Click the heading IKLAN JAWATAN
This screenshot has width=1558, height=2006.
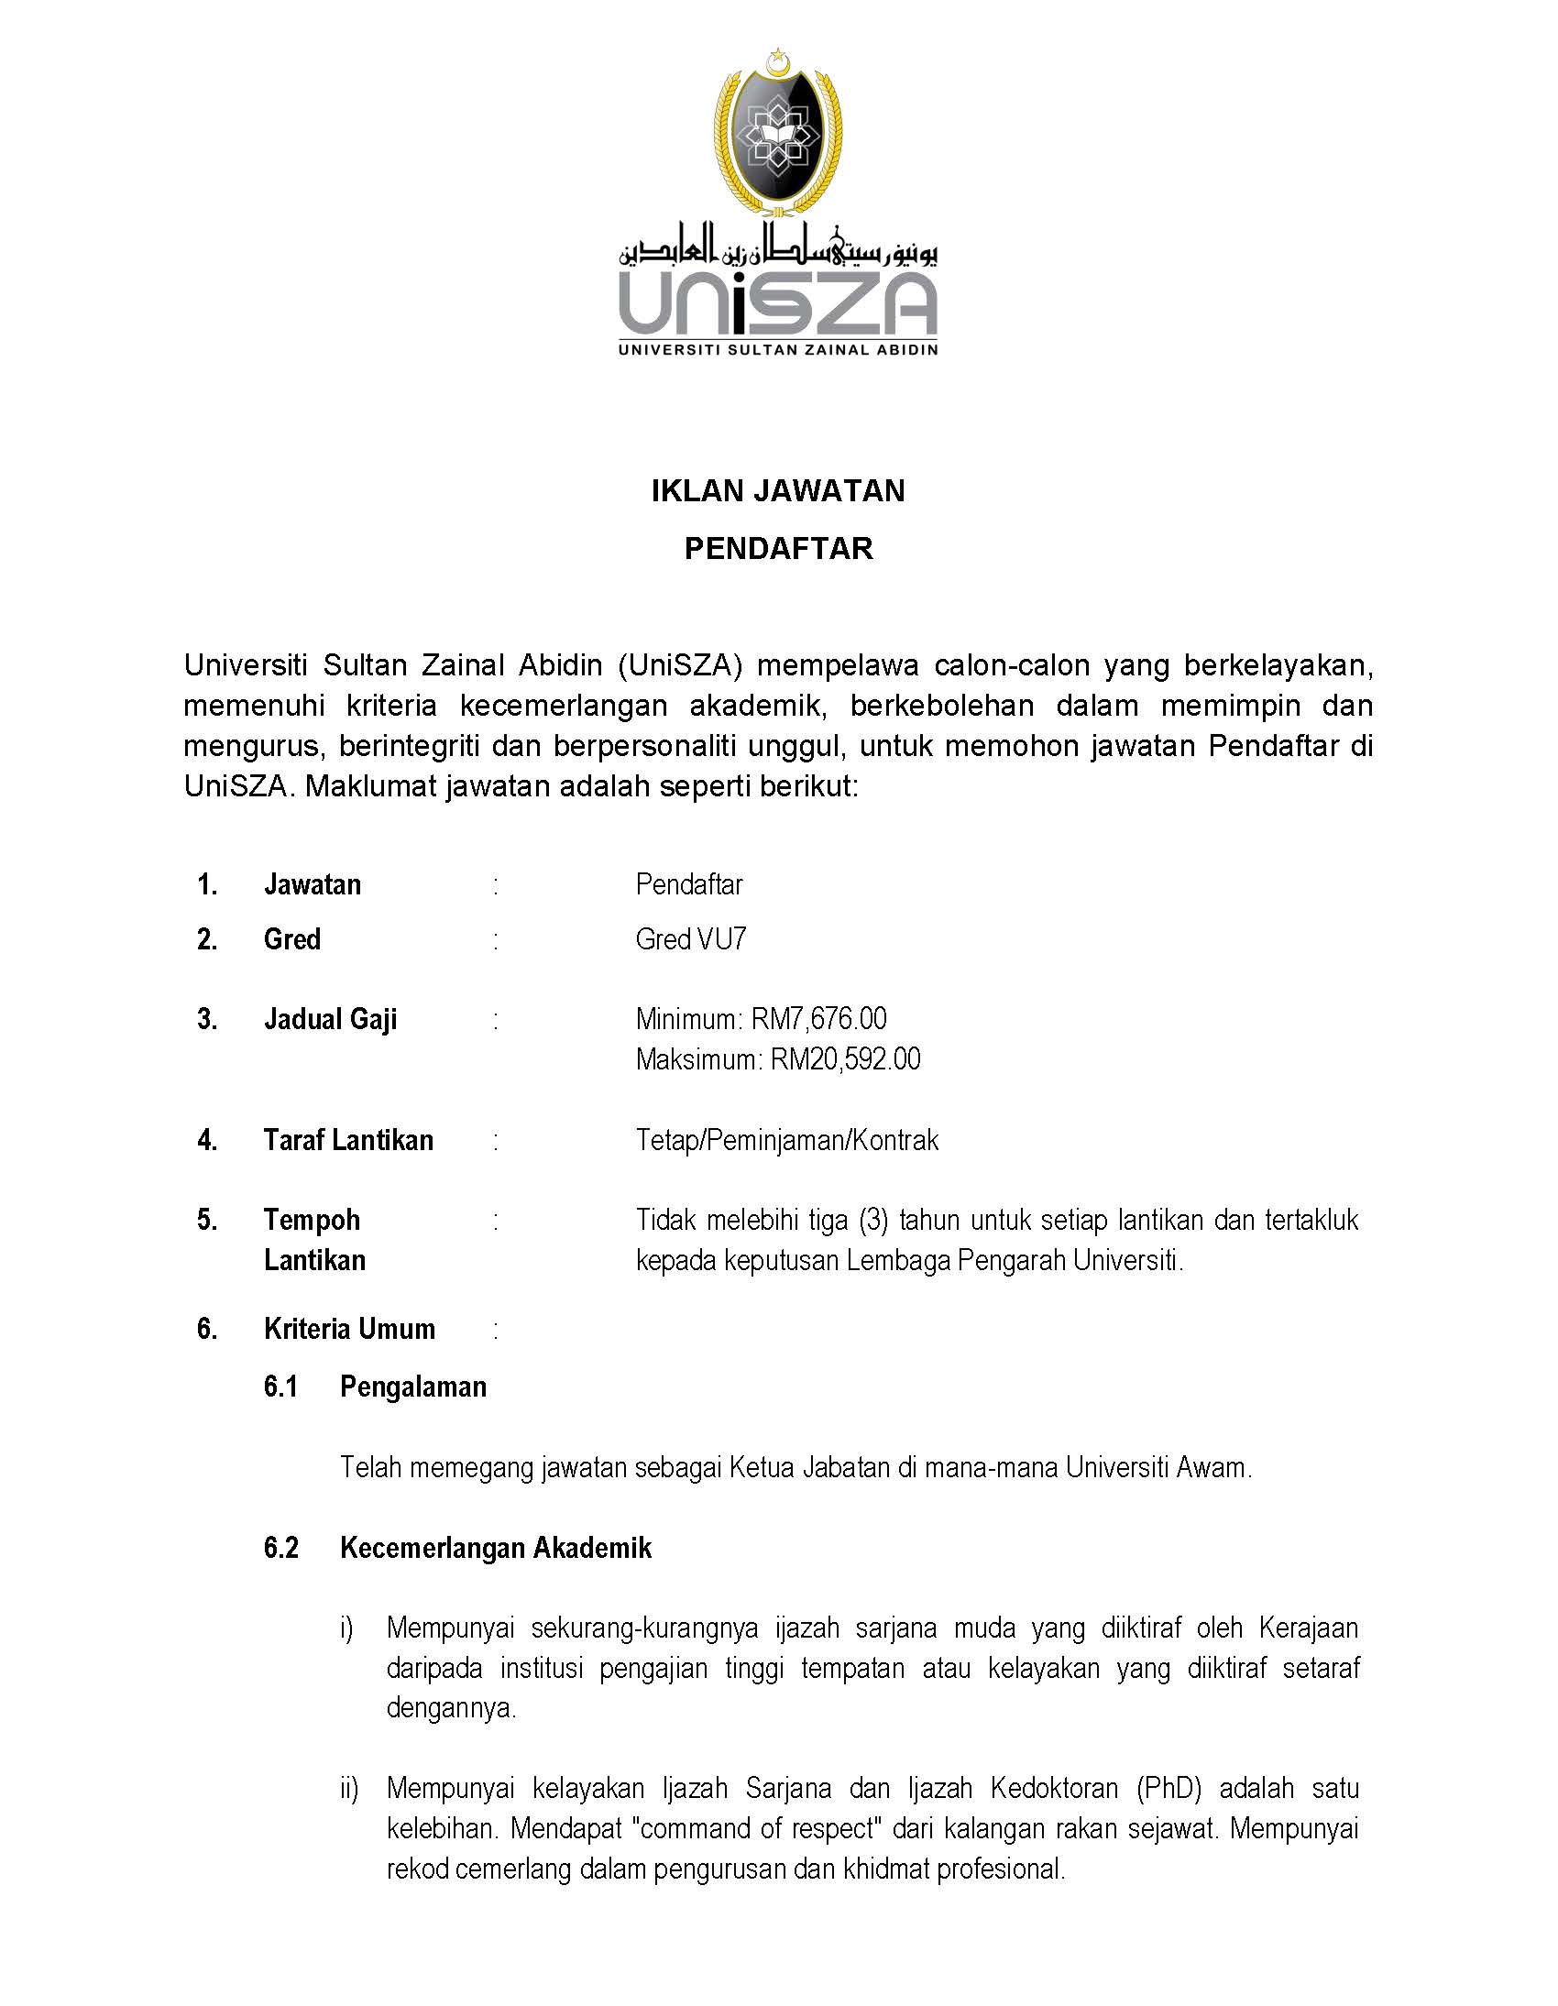click(x=778, y=490)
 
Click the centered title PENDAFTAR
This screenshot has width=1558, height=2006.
click(x=778, y=548)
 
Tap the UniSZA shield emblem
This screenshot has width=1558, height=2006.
click(x=777, y=134)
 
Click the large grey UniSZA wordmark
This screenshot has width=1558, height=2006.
click(x=778, y=304)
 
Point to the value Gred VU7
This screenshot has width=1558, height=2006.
click(x=691, y=938)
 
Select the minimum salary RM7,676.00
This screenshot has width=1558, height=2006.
click(x=818, y=1019)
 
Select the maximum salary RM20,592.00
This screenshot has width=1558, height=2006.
click(x=844, y=1059)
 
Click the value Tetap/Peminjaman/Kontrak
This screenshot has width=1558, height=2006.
click(x=787, y=1140)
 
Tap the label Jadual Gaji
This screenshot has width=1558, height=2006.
click(x=331, y=1020)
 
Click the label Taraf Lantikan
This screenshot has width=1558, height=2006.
click(x=348, y=1140)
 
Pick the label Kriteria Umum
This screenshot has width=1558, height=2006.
click(x=349, y=1328)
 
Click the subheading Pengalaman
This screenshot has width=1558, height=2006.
click(x=412, y=1386)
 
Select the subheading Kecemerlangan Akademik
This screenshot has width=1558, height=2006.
click(x=495, y=1548)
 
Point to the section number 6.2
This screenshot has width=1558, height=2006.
click(x=281, y=1548)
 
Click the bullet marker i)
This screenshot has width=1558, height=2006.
click(x=346, y=1628)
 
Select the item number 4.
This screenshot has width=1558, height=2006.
click(x=207, y=1140)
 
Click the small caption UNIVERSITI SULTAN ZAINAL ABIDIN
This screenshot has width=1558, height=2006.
click(x=778, y=350)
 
